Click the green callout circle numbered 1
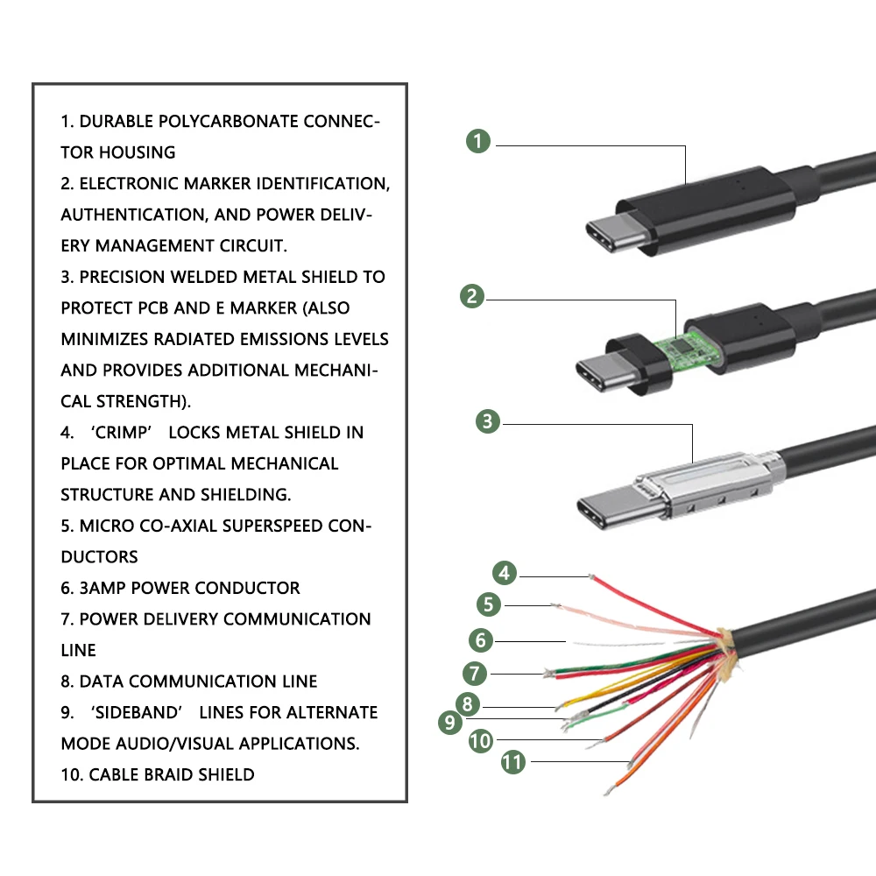coord(478,141)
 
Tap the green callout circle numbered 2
coord(472,296)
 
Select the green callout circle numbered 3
coord(488,421)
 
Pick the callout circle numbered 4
coord(505,573)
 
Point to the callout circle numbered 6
coord(480,640)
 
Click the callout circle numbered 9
coord(450,723)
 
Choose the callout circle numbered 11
coord(512,762)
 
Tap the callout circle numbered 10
coord(480,741)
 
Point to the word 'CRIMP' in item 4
coord(121,433)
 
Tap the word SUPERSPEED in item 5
coord(272,526)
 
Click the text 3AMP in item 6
coord(102,588)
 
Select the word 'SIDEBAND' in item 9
coord(137,712)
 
